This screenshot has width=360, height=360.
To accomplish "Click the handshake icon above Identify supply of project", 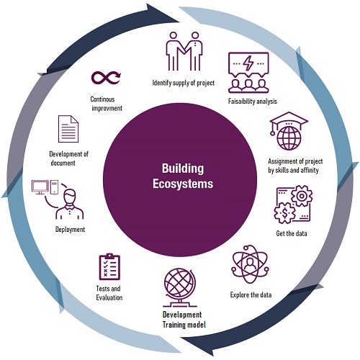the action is (x=184, y=51).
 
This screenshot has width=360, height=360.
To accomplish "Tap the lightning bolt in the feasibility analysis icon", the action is (x=248, y=63).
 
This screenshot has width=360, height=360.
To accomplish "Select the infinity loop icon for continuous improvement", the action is (x=106, y=78).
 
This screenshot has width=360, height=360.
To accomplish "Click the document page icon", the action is (x=68, y=129).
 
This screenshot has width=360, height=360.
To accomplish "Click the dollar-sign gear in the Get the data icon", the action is (x=285, y=213).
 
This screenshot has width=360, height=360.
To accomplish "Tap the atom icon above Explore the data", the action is (x=250, y=264).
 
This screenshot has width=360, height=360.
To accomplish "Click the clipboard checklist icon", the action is (x=109, y=266).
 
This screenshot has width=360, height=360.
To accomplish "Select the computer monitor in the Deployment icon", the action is (x=40, y=187).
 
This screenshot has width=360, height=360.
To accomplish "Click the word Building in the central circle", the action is (x=183, y=169).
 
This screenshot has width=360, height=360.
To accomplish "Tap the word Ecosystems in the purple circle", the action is (x=183, y=184).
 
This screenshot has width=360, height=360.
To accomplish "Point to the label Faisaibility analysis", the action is (x=253, y=102).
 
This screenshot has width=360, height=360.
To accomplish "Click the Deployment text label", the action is (x=70, y=230).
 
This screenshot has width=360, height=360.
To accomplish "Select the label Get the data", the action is (x=292, y=233).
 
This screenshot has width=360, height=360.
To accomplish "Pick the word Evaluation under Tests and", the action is (x=109, y=297).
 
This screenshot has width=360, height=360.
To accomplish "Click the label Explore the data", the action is (x=251, y=294).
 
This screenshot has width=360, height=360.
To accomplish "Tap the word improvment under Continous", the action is (x=107, y=108).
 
